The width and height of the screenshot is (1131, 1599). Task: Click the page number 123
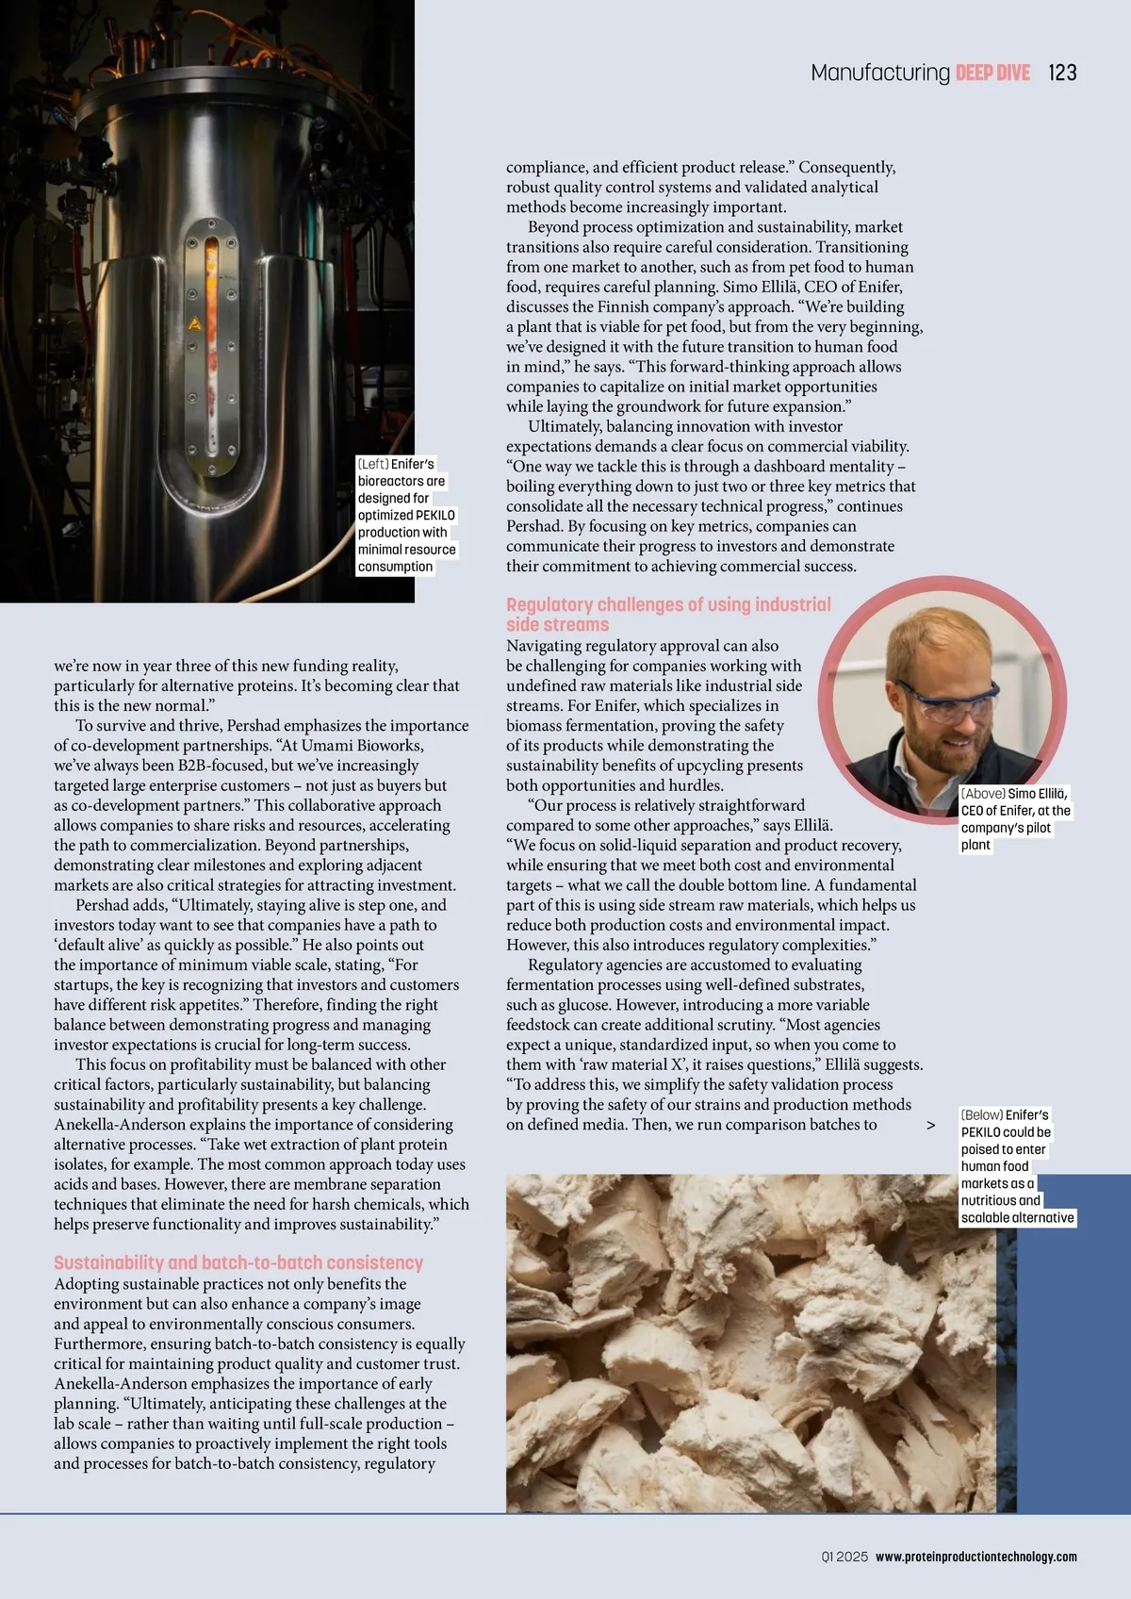pos(1062,73)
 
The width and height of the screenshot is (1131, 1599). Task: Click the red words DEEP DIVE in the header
pos(992,73)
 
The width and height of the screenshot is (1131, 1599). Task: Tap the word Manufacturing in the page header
pos(880,73)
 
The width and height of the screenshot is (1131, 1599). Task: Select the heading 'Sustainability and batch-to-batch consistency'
pos(238,1262)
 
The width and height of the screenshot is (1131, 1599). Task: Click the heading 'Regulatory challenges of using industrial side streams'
pos(668,614)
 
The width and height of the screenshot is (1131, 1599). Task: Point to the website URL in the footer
pos(975,1557)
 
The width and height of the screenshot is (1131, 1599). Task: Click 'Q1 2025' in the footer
pos(844,1557)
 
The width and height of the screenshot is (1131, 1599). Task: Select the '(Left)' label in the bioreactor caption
pos(372,464)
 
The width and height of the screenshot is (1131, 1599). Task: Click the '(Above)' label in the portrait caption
pos(983,794)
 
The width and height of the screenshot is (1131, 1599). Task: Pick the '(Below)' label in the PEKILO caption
pos(981,1114)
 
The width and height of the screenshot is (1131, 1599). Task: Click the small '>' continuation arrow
pos(931,1125)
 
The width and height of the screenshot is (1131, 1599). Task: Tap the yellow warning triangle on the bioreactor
pos(195,324)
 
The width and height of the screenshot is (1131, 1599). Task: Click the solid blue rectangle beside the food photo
pos(1074,1358)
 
